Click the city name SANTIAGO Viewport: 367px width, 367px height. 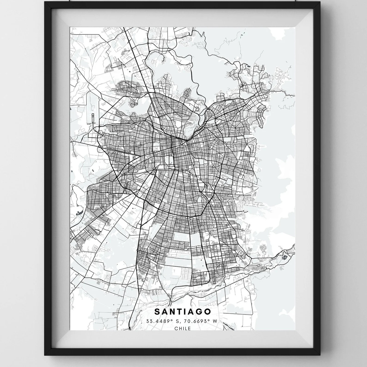[x=183, y=311]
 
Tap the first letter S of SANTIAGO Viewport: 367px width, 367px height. [x=157, y=311]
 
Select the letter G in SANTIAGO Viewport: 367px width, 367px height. [x=200, y=311]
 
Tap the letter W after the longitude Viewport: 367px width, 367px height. [x=215, y=321]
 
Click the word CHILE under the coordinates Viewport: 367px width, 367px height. [x=183, y=328]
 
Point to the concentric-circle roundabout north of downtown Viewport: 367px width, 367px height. [x=197, y=109]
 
